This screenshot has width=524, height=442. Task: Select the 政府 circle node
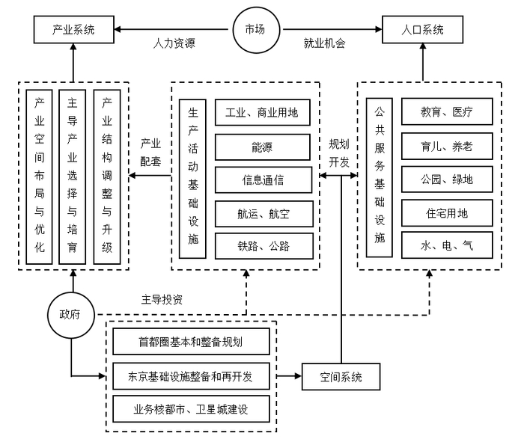(x=72, y=314)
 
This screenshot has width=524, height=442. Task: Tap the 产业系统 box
(x=73, y=31)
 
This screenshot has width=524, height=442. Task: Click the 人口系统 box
(x=423, y=31)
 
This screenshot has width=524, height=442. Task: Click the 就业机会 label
(x=327, y=43)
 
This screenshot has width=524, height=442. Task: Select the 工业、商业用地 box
(x=262, y=113)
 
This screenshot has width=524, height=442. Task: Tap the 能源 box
(x=262, y=146)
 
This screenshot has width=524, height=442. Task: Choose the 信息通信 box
(x=262, y=179)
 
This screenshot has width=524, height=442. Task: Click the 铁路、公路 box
(x=262, y=246)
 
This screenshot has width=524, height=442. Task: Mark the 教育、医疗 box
(x=446, y=113)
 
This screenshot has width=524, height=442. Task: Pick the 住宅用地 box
(x=446, y=213)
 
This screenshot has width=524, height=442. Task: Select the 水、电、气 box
(x=446, y=246)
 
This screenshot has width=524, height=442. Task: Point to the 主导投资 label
(x=162, y=299)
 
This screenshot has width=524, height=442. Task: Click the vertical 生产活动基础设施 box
(x=192, y=179)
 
